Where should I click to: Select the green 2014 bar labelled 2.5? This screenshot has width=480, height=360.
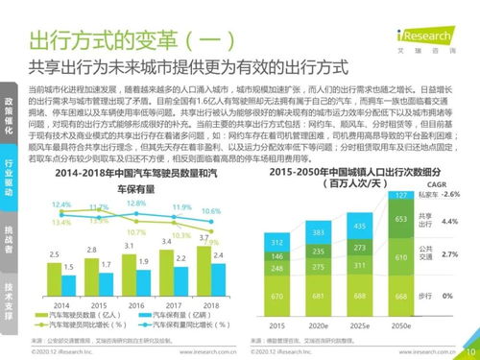click(x=55, y=275)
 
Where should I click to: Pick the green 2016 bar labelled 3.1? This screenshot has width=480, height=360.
click(x=128, y=270)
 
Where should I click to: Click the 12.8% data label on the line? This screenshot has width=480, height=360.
click(x=136, y=204)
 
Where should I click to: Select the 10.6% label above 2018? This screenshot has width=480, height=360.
click(x=211, y=210)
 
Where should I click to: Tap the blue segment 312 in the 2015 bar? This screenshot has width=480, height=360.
click(x=276, y=242)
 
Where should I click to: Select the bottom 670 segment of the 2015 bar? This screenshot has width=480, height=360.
click(x=276, y=296)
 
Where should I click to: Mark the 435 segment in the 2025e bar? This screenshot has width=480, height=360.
click(x=358, y=226)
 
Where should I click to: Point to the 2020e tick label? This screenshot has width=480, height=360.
click(x=317, y=325)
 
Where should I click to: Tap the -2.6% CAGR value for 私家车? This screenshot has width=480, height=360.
click(x=451, y=194)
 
